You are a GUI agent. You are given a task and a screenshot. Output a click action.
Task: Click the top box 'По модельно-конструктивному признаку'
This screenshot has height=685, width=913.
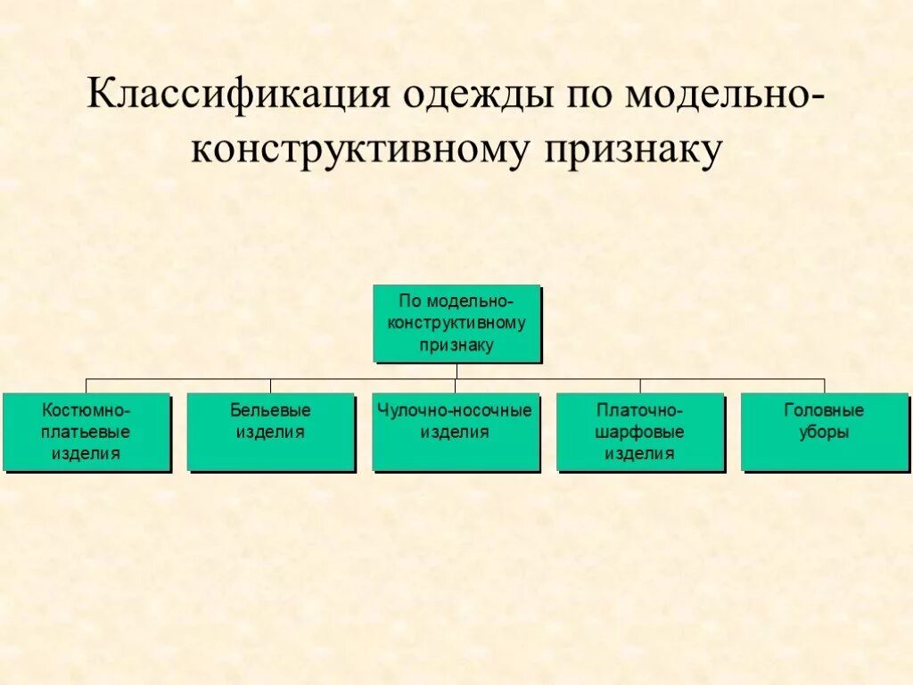[456, 323]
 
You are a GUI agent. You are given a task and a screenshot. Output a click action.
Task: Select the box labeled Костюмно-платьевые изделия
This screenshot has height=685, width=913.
[86, 432]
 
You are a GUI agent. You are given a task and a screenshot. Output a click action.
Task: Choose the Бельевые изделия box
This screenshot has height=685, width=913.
[270, 432]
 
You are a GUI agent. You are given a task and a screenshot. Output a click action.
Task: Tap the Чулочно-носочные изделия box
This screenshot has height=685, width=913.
[455, 432]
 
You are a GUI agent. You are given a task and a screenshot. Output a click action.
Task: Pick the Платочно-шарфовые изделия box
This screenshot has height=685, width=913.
[640, 432]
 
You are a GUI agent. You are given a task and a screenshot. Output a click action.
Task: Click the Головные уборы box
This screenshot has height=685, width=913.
[824, 432]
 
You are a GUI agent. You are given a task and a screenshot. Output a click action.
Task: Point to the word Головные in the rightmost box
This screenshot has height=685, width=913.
[824, 411]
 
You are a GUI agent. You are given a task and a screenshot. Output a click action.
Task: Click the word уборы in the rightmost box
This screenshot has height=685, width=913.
[824, 433]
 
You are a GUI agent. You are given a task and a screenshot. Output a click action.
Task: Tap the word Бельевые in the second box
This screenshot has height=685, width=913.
[270, 411]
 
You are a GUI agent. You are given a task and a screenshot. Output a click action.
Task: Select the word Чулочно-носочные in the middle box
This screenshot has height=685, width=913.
[455, 411]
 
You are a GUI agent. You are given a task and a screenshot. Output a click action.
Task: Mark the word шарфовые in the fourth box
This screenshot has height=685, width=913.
[640, 433]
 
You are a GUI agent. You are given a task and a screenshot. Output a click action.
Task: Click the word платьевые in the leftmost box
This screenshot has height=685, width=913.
[86, 433]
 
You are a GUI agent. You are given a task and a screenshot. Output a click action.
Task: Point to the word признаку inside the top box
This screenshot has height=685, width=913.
[456, 344]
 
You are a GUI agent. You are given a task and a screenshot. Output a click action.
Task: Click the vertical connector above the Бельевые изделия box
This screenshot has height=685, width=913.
[270, 385]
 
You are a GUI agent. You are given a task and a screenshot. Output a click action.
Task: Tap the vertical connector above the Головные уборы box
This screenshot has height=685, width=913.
[824, 385]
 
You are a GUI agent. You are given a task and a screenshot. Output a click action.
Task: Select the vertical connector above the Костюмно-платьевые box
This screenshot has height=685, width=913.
[86, 385]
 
